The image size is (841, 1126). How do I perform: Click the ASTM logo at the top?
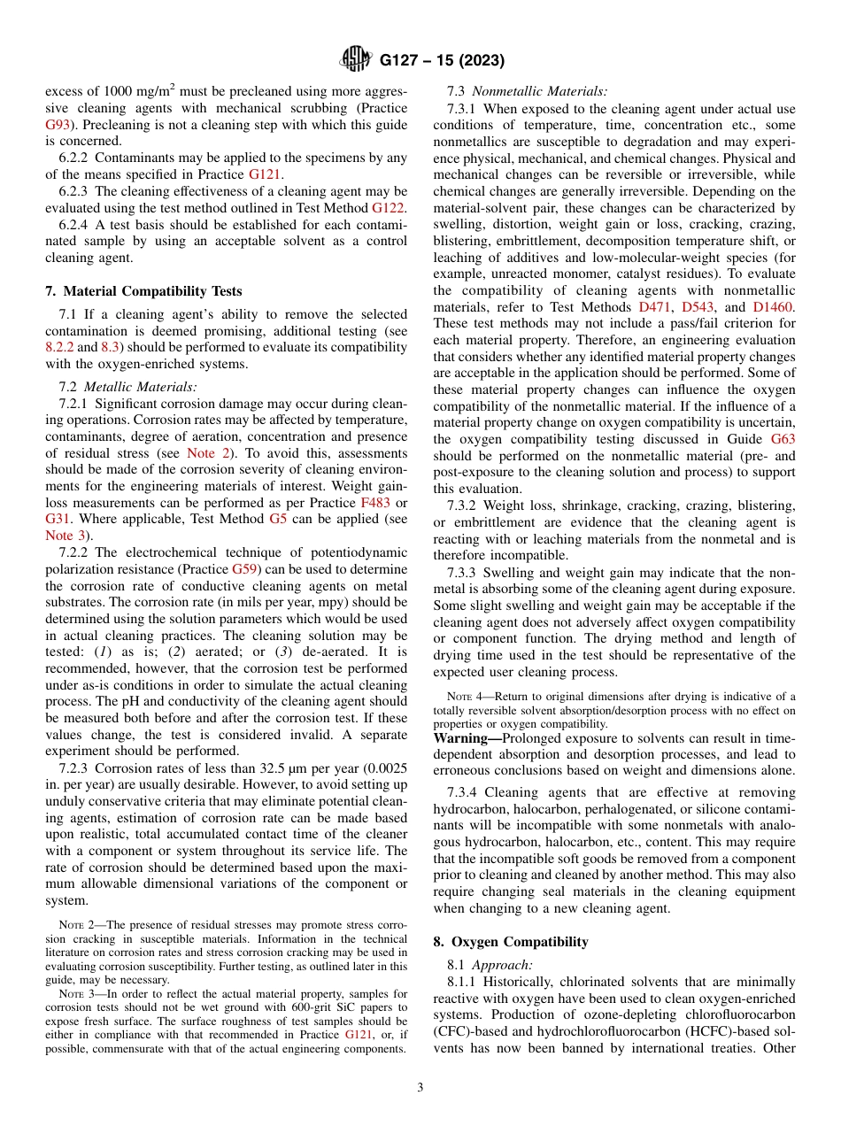(357, 60)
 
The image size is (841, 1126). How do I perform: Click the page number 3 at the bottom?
(420, 1088)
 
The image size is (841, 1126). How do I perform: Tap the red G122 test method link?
(389, 207)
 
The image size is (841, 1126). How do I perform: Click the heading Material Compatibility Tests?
(143, 290)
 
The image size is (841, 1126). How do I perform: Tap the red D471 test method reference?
(656, 307)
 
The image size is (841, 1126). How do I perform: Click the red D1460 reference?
(773, 307)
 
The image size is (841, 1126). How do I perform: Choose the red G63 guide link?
(783, 439)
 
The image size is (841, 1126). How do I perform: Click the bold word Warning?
(467, 738)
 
